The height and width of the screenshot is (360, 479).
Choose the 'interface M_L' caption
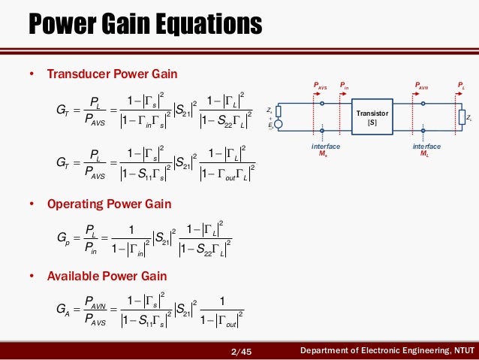coord(426,150)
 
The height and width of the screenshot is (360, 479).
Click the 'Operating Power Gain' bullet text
coord(109,204)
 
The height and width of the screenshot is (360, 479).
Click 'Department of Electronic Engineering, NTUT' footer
coord(387,350)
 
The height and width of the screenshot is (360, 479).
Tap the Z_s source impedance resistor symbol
coord(279,110)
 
